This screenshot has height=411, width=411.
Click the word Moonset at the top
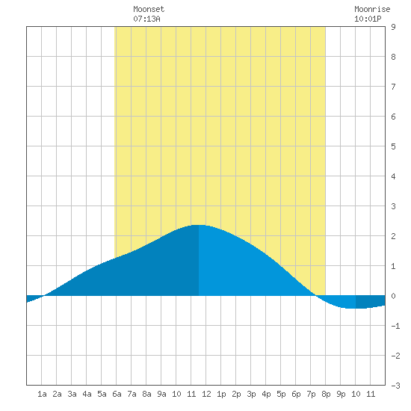point(149,10)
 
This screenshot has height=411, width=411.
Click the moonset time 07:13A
point(146,19)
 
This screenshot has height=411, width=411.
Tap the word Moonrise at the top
point(372,10)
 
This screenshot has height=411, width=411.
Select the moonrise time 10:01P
point(368,19)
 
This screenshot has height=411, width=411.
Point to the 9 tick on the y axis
point(393,27)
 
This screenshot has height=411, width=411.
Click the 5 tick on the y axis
point(393,146)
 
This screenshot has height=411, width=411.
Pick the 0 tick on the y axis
point(393,296)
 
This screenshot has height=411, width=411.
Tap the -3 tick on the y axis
point(395,386)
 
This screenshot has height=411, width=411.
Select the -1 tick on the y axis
point(395,326)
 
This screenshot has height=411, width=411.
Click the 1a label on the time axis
point(42,394)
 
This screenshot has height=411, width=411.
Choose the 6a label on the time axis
point(117,394)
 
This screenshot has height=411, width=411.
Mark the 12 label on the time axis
point(206,394)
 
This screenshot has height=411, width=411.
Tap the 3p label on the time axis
point(251,394)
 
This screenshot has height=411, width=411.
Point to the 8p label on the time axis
point(326,394)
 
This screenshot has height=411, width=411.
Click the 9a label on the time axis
point(161,394)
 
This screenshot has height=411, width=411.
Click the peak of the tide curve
point(199,225)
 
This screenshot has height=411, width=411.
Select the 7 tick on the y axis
point(393,87)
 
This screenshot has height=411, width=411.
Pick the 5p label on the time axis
point(281,394)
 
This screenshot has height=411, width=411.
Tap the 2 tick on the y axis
point(393,236)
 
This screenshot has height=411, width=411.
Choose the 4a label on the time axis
point(87,394)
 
